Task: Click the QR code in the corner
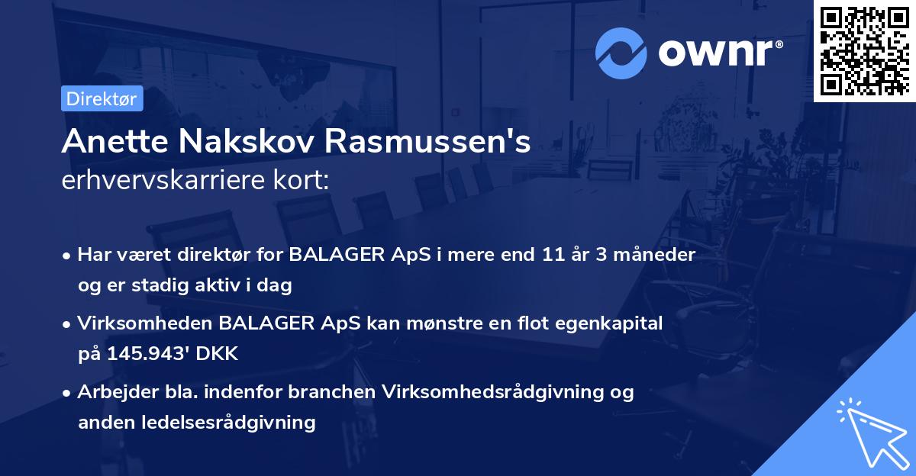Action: point(863,50)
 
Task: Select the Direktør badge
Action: point(102,98)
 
